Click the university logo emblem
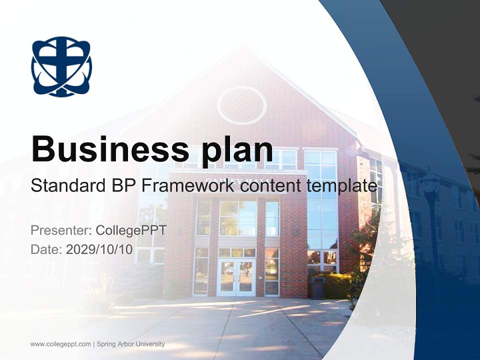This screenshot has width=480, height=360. (x=61, y=66)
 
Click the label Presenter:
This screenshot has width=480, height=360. (x=60, y=231)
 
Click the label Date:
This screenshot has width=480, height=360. (x=46, y=249)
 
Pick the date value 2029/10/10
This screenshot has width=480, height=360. (x=99, y=249)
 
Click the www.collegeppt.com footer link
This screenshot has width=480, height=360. (x=60, y=344)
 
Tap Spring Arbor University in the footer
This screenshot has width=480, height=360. (x=130, y=344)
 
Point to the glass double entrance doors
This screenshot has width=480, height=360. (x=236, y=277)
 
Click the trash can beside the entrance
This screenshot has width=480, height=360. (x=318, y=287)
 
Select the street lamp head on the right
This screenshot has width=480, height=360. (x=430, y=184)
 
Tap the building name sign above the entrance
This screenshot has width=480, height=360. (x=238, y=180)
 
